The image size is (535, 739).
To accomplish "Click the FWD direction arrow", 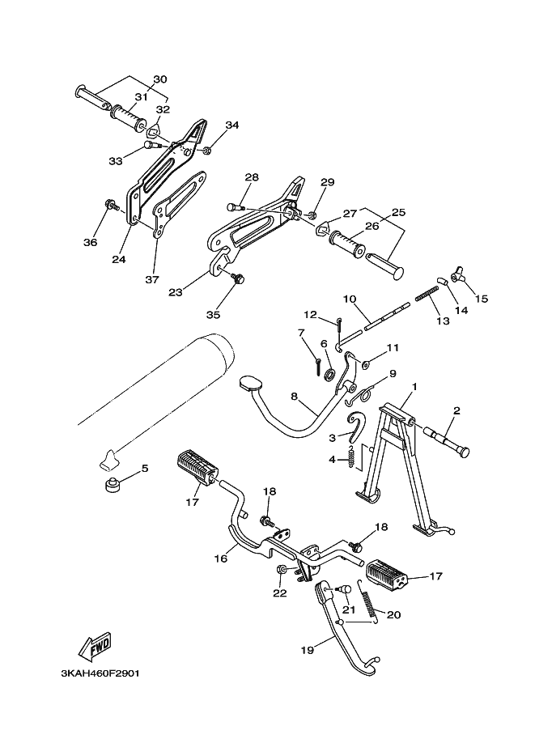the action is (95, 647).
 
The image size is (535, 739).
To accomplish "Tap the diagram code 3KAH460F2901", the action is (100, 673).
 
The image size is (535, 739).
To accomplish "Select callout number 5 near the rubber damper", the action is (145, 468).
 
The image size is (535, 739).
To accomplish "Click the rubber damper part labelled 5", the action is (112, 485).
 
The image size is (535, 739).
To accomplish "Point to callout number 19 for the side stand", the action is (307, 651).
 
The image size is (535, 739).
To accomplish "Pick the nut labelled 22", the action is (280, 570).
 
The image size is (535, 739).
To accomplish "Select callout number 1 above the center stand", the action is (414, 386).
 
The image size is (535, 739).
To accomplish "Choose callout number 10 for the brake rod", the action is (350, 299).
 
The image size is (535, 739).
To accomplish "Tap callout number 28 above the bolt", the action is (252, 178).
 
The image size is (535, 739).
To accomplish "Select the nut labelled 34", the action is (206, 151).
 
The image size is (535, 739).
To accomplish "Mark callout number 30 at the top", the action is (160, 79).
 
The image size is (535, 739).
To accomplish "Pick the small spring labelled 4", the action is (350, 457).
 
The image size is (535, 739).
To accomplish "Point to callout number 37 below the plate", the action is (152, 280).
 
